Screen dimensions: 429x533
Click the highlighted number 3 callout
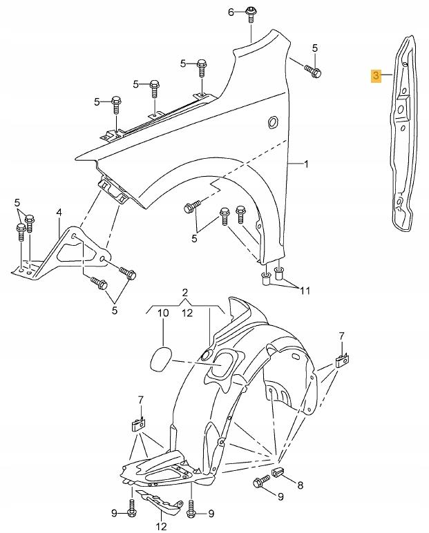[376, 75]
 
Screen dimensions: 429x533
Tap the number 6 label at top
[231, 12]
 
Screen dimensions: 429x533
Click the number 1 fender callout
[306, 164]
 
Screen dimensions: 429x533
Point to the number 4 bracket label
[59, 213]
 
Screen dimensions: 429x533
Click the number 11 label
[305, 291]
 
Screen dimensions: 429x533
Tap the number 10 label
[163, 313]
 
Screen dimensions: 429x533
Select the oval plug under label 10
[160, 360]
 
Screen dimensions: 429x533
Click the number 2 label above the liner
[184, 292]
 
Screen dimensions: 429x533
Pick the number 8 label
[300, 485]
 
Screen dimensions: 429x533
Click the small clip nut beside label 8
[277, 472]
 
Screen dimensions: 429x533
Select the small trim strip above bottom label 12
[159, 501]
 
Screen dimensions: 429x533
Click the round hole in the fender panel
[273, 122]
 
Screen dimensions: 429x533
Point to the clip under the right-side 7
[342, 360]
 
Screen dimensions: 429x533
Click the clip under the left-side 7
[137, 424]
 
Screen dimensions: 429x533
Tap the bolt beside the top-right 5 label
[313, 70]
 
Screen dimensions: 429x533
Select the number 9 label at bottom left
[115, 513]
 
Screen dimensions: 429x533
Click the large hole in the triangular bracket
[76, 251]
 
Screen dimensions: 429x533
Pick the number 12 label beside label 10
[187, 313]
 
